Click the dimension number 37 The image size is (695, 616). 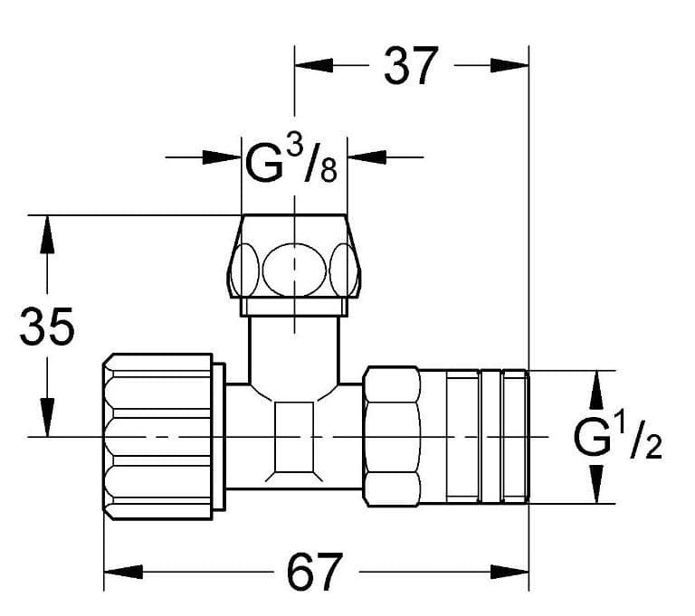click(x=411, y=66)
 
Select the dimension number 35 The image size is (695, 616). click(x=47, y=327)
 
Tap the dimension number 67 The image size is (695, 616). click(x=315, y=572)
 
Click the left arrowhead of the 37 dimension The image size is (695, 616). click(x=314, y=66)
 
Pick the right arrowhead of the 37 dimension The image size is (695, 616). click(x=509, y=66)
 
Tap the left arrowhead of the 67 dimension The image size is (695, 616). click(x=123, y=572)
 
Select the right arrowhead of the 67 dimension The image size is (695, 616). click(x=509, y=572)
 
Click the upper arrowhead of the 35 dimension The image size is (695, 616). click(x=47, y=234)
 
